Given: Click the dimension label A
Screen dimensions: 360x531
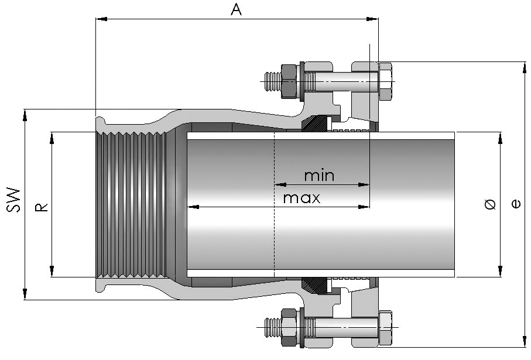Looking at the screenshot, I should click(237, 9).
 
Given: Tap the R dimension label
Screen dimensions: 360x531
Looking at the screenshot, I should click(42, 206).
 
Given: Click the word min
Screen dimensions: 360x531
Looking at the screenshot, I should click(319, 175).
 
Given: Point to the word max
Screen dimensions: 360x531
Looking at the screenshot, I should click(302, 198).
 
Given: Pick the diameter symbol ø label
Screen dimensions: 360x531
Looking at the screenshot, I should click(491, 204).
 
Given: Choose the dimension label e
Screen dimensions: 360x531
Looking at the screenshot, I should click(516, 204).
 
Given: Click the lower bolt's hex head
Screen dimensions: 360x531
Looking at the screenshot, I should click(386, 327).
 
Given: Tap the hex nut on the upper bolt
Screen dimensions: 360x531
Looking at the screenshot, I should click(289, 79).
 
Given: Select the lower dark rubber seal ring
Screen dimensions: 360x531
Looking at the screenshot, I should click(316, 284).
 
